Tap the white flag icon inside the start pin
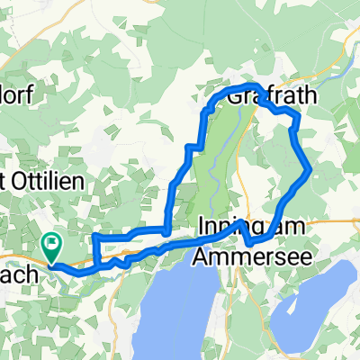[51, 241]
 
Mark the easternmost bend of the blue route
[310, 168]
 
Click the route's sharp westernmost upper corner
[94, 237]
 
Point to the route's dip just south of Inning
[249, 240]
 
